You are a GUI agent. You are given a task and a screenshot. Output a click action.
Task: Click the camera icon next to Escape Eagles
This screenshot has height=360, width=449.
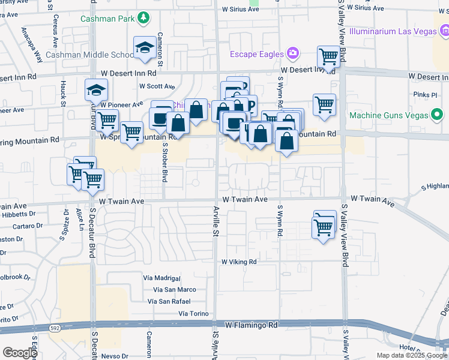[292, 55]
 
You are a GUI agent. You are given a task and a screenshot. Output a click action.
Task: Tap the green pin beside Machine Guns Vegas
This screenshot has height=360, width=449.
[437, 114]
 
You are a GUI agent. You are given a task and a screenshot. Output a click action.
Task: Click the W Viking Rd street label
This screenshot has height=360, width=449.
[239, 262]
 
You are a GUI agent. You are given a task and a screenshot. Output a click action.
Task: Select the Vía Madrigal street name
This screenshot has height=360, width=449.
[161, 278]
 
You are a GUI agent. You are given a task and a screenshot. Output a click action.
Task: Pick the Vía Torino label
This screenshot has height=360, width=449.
[193, 314]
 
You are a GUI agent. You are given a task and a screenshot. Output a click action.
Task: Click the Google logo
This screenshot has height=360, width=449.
[20, 353]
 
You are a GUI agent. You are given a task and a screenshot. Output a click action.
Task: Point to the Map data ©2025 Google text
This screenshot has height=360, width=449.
[411, 355]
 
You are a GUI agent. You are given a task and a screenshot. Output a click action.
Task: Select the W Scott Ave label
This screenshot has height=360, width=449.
[157, 86]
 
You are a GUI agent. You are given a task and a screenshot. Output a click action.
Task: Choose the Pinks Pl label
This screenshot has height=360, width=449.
[425, 95]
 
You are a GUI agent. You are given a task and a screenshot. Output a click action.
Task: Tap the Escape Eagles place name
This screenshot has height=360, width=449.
[256, 55]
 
